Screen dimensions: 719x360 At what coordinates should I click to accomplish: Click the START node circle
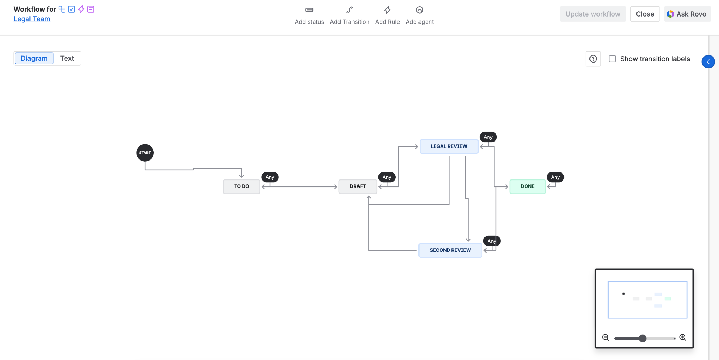coord(145,153)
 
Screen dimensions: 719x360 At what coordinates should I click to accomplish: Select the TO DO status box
coord(242,186)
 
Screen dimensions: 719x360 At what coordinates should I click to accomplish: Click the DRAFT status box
coord(358,186)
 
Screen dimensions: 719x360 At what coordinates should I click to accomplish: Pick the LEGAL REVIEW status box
coord(449,146)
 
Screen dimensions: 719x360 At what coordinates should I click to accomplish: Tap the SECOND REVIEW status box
coord(450,250)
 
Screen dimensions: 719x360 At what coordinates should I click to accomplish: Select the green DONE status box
coord(528,186)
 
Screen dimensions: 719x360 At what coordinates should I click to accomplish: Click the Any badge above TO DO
coord(270,177)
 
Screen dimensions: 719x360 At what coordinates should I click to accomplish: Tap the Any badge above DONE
coord(555,177)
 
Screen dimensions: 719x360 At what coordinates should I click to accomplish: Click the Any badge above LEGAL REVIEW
coord(488,137)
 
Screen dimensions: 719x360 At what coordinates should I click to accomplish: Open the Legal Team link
coord(32,19)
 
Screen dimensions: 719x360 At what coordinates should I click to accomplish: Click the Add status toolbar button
coord(309,15)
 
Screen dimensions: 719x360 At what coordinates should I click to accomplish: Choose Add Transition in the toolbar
coord(350,15)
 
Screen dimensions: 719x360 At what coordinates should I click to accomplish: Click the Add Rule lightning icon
coord(388,10)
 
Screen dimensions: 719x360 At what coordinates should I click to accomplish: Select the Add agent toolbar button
coord(420,15)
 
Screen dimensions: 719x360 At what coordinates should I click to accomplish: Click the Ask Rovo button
coord(687,14)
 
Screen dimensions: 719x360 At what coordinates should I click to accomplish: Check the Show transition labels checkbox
coord(613,59)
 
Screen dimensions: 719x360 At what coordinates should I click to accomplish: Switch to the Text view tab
coord(67,58)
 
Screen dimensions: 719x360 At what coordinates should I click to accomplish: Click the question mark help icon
coord(593,59)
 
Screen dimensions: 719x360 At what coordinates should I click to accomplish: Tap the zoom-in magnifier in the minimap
coord(683,338)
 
